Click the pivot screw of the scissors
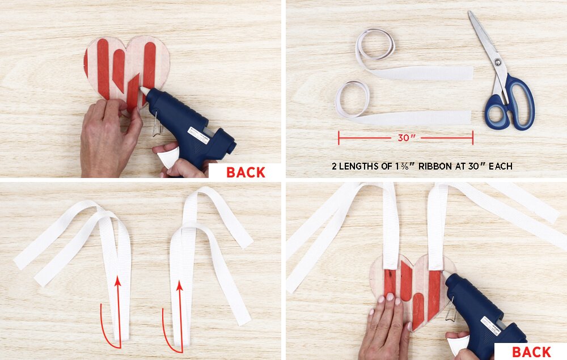498,62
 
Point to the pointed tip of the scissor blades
469,11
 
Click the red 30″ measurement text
407,138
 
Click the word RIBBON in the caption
435,166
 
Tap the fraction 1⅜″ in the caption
408,166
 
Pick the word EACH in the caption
501,166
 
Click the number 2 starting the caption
334,166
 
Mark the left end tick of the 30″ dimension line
338,138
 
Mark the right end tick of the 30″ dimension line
473,138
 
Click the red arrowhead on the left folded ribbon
117,281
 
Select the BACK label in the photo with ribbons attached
531,352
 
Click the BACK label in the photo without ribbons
246,172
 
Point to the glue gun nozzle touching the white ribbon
446,275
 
